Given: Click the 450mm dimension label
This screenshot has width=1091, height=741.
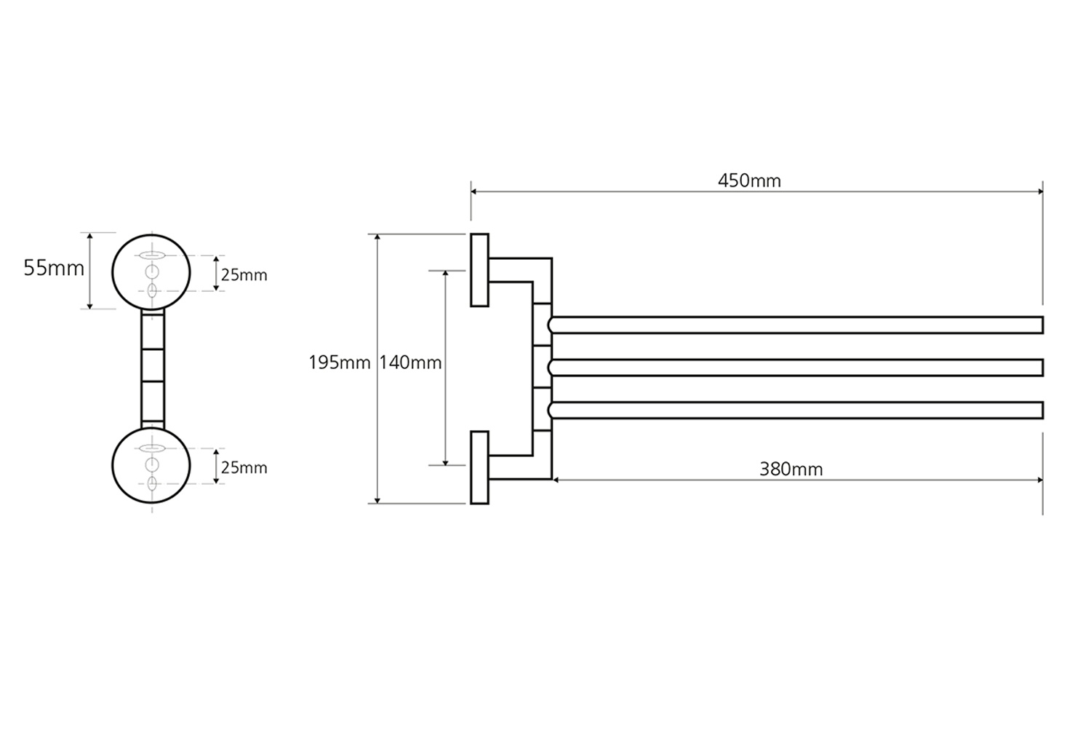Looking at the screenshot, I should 749,181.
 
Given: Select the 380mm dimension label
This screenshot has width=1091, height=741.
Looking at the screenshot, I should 791,469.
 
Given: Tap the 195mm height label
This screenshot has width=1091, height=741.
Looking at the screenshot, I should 340,362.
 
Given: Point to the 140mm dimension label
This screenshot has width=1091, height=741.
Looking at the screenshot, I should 410,362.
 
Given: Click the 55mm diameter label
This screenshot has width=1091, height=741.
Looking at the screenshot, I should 54,268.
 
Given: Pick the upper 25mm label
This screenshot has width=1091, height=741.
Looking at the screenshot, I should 244,275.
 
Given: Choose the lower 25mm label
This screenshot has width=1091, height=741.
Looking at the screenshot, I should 244,467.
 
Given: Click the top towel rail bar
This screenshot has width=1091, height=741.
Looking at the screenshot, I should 796,325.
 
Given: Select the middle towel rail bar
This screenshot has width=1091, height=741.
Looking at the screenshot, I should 796,368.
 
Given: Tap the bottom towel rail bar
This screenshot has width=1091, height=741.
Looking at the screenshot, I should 796,411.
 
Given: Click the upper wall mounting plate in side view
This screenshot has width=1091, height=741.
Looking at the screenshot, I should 479,270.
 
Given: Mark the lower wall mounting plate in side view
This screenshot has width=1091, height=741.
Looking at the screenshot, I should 479,467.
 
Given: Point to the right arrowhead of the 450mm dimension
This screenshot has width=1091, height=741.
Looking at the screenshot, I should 1040,191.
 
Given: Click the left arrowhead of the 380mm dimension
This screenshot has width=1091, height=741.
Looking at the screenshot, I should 556,480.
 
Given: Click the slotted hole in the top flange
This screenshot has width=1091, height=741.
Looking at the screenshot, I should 151,255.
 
